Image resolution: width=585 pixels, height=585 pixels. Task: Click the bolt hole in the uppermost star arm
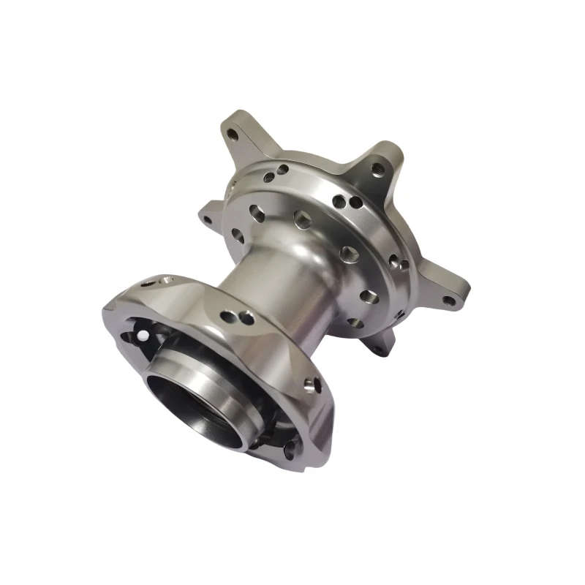click(x=232, y=136)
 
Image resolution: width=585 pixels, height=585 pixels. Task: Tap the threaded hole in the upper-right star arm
click(x=377, y=169)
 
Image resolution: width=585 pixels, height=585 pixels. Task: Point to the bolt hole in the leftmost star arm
click(x=208, y=219)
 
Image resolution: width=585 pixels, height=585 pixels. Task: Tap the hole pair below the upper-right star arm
click(x=342, y=200)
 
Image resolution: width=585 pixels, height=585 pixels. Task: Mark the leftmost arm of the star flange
click(x=212, y=214)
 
